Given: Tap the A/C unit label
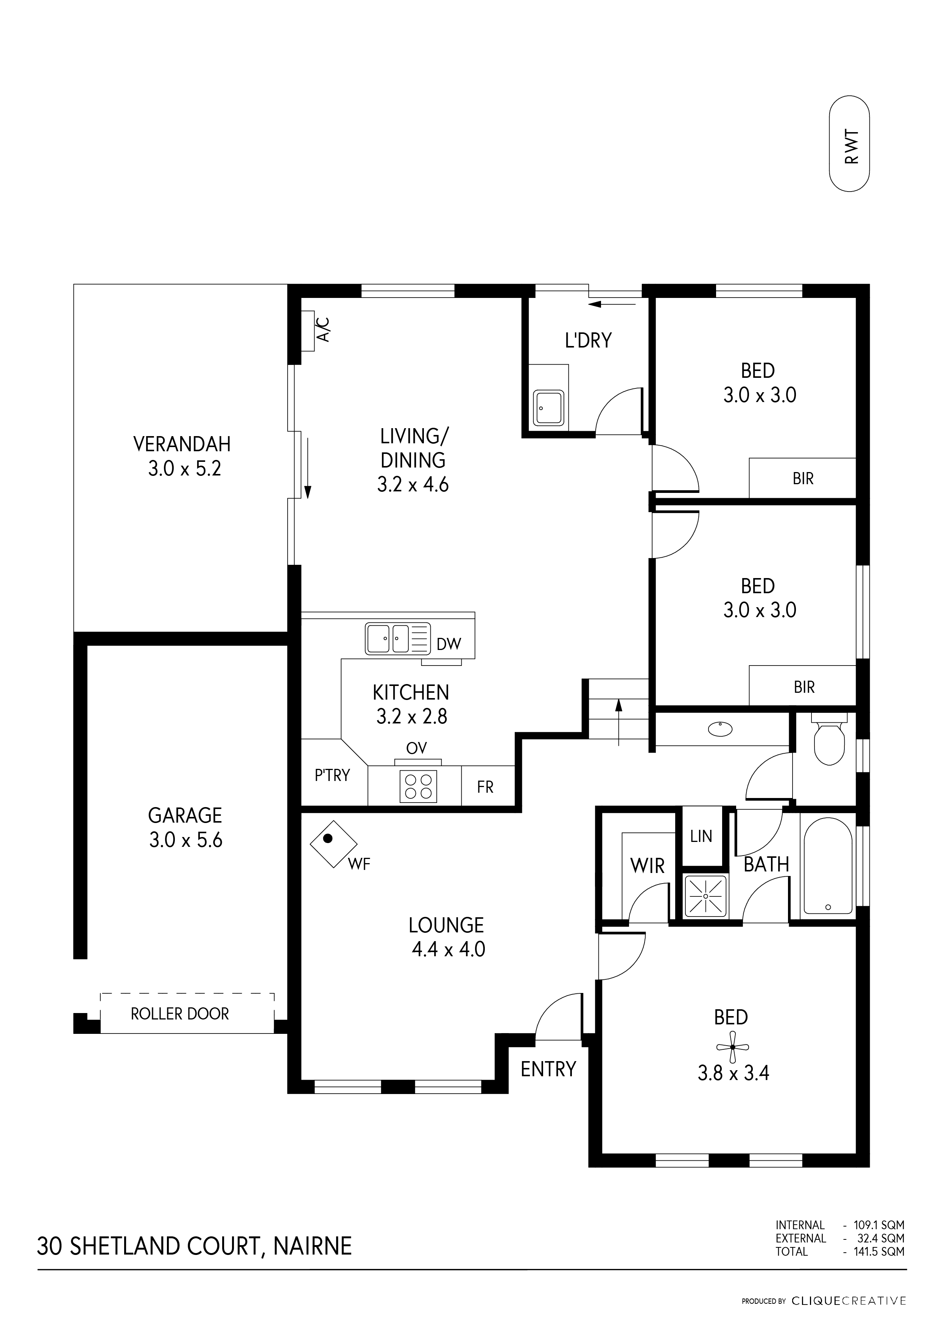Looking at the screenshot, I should (324, 329).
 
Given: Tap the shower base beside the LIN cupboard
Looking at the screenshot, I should (705, 896).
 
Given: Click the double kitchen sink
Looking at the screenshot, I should (388, 639).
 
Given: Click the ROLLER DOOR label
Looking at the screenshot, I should (180, 1014).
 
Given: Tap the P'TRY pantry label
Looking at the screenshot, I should (332, 775).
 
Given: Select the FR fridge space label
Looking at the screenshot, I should (485, 787).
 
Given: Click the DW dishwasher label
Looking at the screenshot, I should (449, 644).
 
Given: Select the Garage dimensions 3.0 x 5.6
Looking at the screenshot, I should (185, 840).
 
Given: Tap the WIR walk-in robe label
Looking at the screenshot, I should (647, 866).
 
